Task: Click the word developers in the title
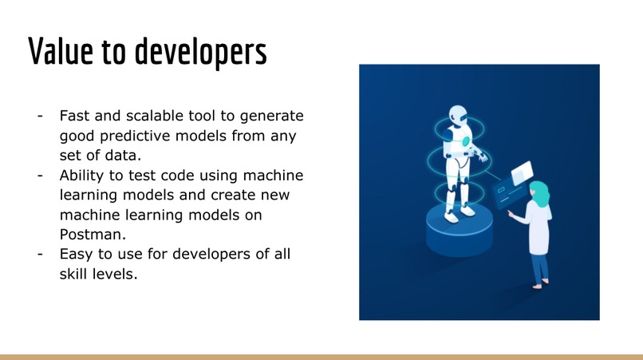pyautogui.click(x=199, y=52)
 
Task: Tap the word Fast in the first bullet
pyautogui.click(x=77, y=116)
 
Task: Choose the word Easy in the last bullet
pyautogui.click(x=77, y=255)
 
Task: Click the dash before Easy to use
pyautogui.click(x=39, y=255)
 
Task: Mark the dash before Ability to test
pyautogui.click(x=39, y=176)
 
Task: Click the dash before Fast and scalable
pyautogui.click(x=39, y=116)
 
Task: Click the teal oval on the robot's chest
pyautogui.click(x=465, y=141)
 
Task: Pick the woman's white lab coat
pyautogui.click(x=540, y=231)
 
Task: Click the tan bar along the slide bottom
pyautogui.click(x=321, y=357)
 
